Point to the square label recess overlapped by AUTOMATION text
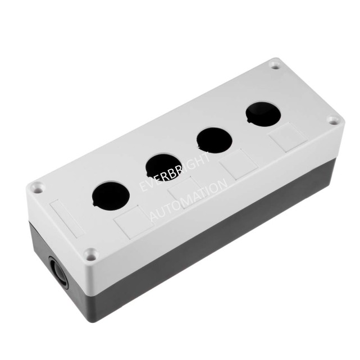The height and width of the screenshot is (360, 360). coord(186,192)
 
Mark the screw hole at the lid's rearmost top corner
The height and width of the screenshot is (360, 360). coord(275,66)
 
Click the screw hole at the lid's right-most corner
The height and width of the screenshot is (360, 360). coord(332,121)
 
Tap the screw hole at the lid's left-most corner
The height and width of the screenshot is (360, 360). coord(37,187)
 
